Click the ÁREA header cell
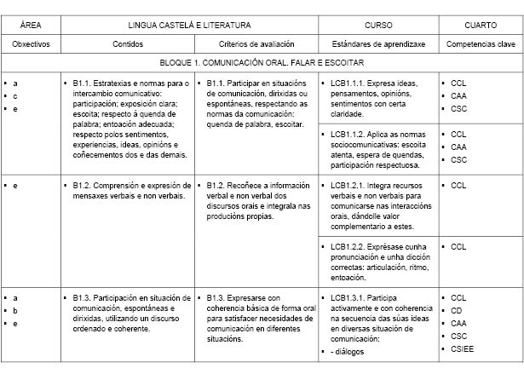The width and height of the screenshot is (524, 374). [x=31, y=26]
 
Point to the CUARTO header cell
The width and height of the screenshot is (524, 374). [x=481, y=26]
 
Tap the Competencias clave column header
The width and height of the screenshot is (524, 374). [x=480, y=43]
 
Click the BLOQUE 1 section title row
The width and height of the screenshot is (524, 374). [x=262, y=62]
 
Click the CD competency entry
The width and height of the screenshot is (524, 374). [x=457, y=310]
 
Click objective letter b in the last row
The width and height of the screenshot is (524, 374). [x=14, y=310]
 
